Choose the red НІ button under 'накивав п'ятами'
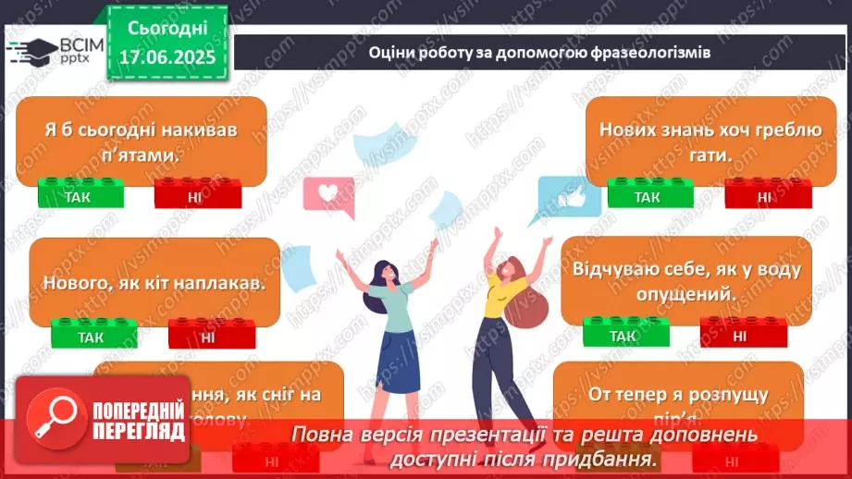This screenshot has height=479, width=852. coord(196,196)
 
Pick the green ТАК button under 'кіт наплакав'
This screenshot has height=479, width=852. coord(90,337)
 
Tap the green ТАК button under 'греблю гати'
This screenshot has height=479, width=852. coord(647,197)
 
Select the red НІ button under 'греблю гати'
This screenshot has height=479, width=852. coord(764,197)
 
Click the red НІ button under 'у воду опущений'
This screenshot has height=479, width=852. coord(740,336)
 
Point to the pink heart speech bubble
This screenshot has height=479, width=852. coord(327,194)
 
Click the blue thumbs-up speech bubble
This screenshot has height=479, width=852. coord(573,197)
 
